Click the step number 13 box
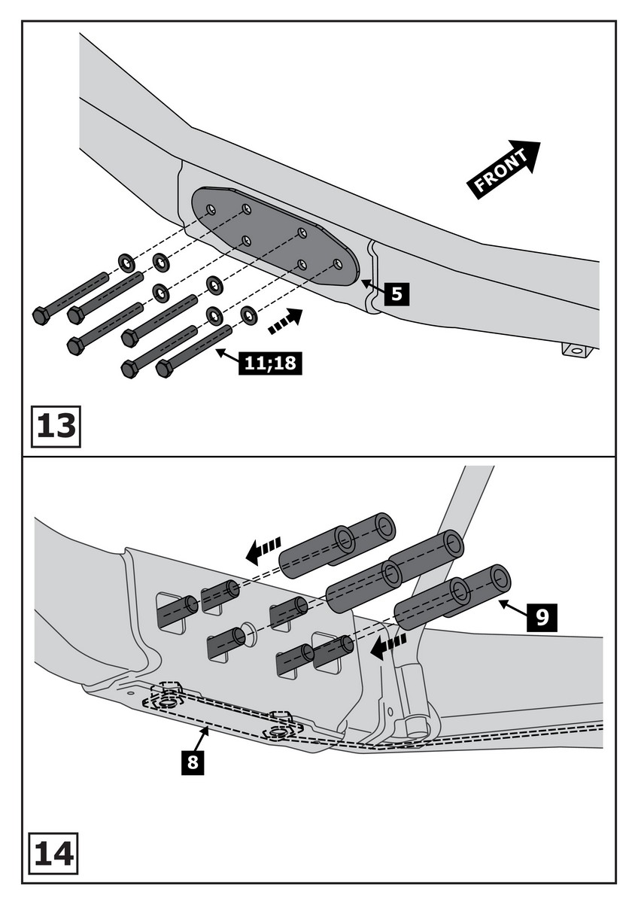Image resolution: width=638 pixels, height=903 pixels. click(x=55, y=425)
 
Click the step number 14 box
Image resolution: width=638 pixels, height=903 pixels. click(x=55, y=852)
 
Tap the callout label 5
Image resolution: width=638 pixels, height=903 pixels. click(x=397, y=292)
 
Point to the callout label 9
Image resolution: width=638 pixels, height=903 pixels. click(x=542, y=616)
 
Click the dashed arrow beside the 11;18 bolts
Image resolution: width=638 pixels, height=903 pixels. click(x=285, y=321)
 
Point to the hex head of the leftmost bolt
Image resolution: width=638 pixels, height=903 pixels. click(x=41, y=315)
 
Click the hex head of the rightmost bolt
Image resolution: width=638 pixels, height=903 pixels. click(x=165, y=369)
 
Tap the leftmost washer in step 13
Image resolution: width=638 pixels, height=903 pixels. click(x=126, y=263)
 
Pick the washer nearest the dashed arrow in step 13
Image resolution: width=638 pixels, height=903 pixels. click(x=249, y=315)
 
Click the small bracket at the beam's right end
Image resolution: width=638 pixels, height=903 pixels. click(x=577, y=350)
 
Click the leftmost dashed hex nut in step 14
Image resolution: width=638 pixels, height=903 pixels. click(x=169, y=700)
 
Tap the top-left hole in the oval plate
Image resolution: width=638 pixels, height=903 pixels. click(x=211, y=208)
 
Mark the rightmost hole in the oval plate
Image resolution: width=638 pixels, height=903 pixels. click(x=338, y=264)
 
